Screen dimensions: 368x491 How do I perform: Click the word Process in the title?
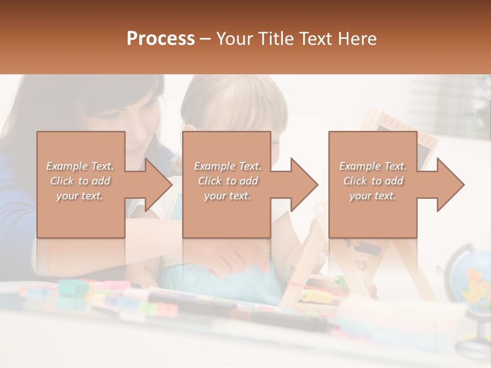pos(161,38)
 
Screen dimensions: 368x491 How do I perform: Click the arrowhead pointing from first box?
pos(159,185)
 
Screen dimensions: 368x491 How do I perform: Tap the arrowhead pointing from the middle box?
pos(304,185)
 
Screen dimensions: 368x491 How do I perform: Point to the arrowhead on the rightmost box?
pos(450,185)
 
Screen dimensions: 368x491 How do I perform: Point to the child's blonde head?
pos(230,102)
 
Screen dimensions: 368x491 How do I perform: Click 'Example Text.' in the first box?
pos(80,166)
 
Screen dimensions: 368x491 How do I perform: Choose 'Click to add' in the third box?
pos(373,181)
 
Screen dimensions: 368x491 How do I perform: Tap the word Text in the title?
pos(318,38)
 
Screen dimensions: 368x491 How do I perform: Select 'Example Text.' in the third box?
pos(373,166)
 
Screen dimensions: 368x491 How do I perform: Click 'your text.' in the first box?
pos(80,196)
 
